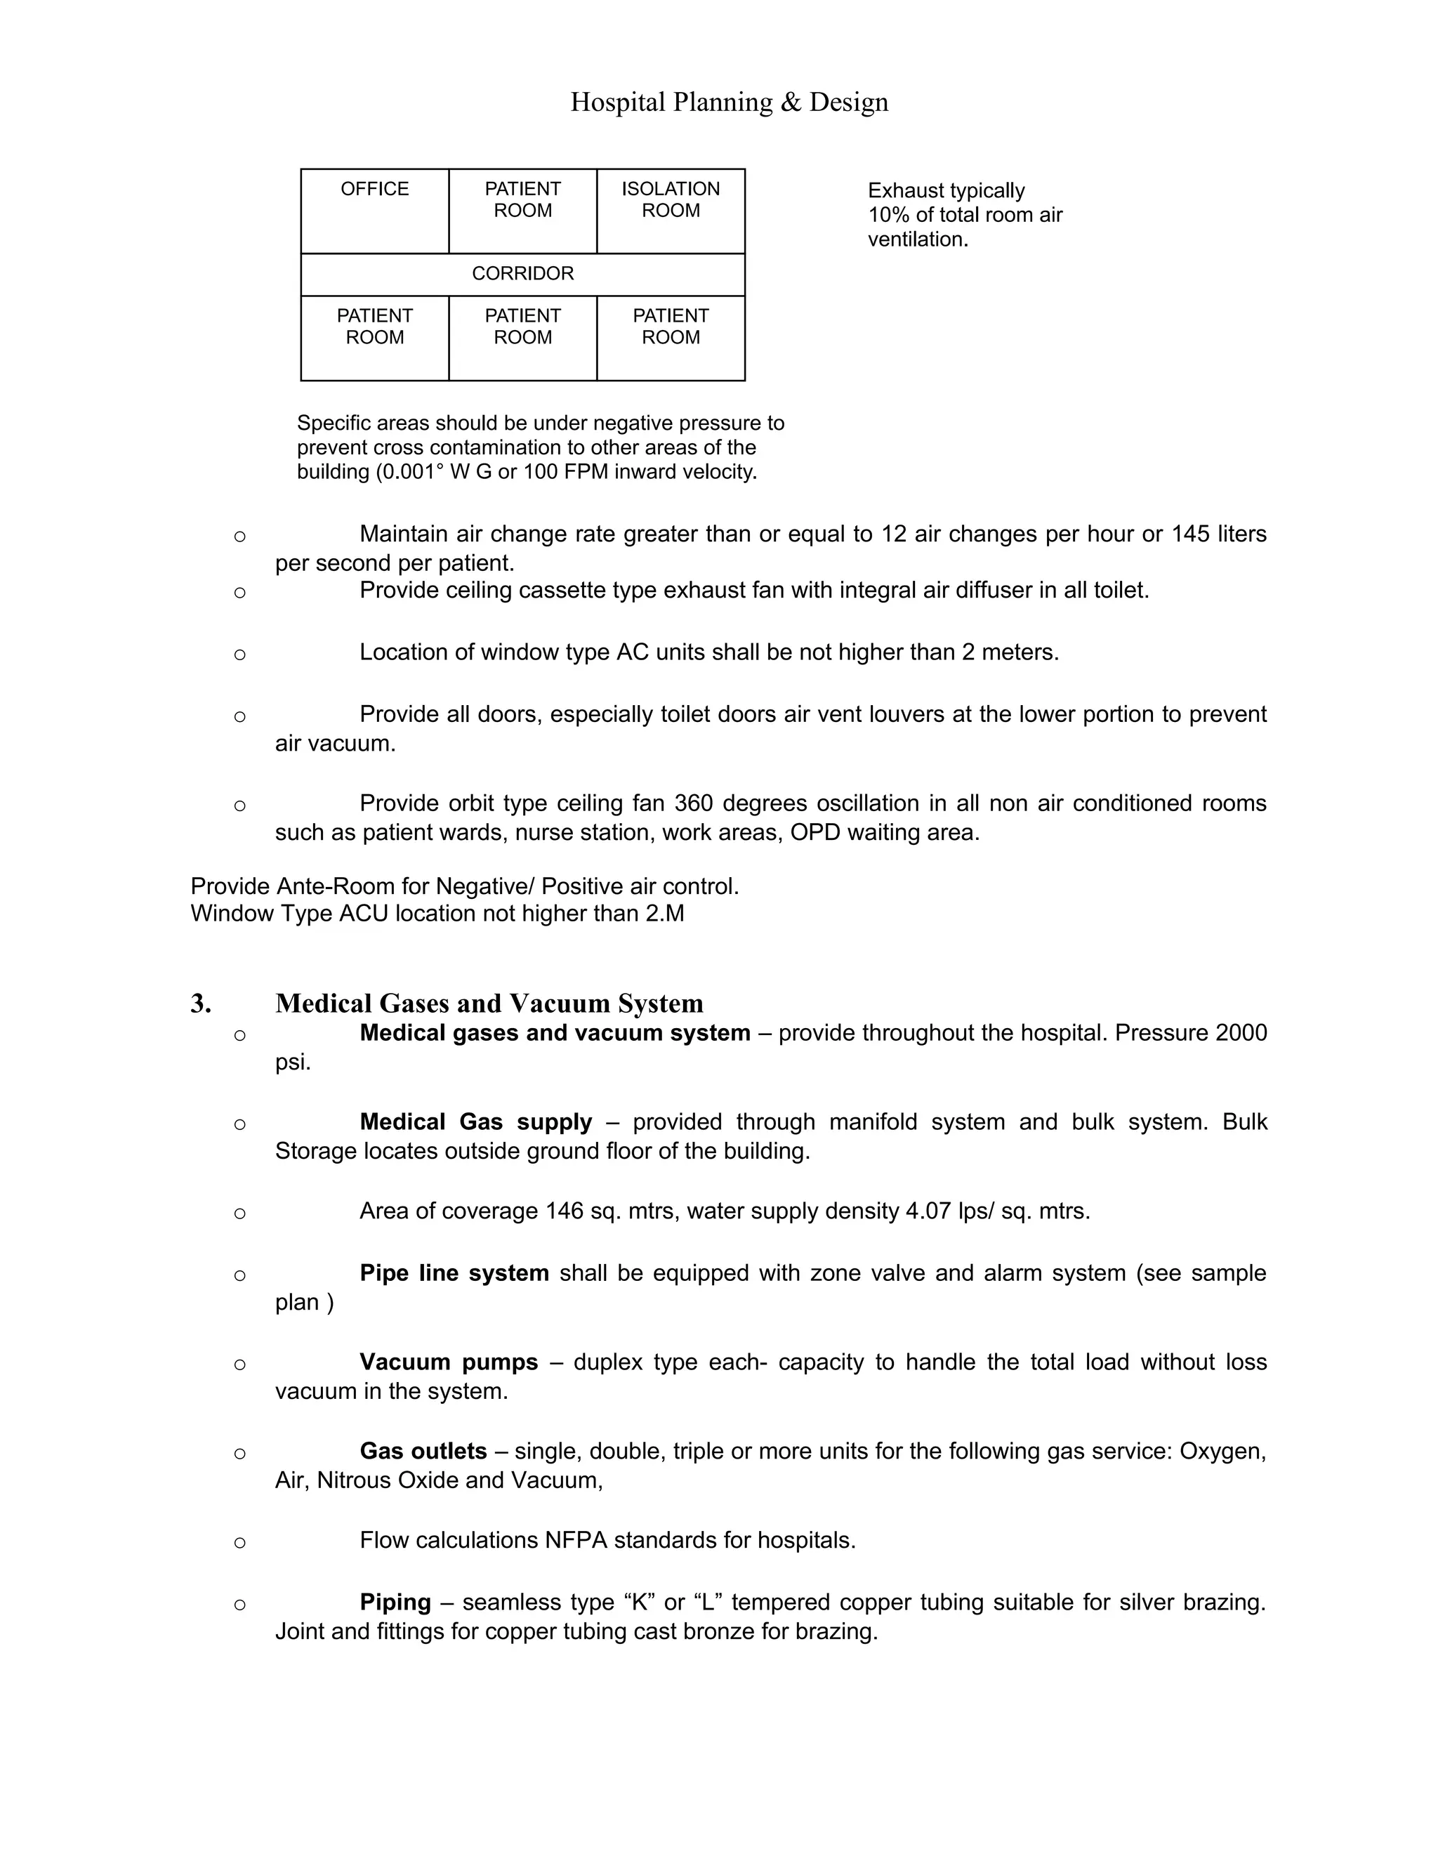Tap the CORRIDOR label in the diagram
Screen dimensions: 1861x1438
click(x=522, y=273)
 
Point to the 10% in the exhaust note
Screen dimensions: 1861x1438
click(x=888, y=216)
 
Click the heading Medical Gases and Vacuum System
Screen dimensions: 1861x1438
click(x=489, y=1004)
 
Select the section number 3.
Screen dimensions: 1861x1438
click(x=200, y=1004)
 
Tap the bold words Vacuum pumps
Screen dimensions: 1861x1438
click(x=448, y=1362)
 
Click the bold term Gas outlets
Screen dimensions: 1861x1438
click(x=423, y=1451)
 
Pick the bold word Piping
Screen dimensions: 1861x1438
click(x=395, y=1602)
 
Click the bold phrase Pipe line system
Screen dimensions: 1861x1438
click(x=454, y=1273)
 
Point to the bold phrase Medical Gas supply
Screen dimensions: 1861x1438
click(x=475, y=1122)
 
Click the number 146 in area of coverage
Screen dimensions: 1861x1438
click(x=564, y=1211)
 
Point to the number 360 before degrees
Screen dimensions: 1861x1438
click(x=694, y=803)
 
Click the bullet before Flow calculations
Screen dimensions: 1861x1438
click(x=239, y=1542)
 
